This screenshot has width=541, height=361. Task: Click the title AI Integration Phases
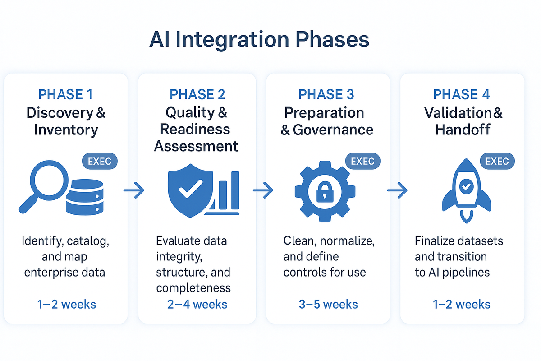point(259,40)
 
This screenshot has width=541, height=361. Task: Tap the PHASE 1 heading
point(66,94)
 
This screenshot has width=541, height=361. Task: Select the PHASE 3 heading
point(326,94)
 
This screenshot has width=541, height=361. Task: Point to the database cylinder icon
point(84,194)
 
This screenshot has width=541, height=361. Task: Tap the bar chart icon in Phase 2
point(225,192)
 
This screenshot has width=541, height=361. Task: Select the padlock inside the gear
point(323,192)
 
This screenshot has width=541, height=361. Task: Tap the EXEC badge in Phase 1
point(100,161)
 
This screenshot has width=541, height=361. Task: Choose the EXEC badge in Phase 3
point(362,161)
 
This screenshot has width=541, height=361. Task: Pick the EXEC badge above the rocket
point(497,161)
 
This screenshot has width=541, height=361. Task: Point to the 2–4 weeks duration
point(197,304)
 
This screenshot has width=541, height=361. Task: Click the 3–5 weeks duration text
point(328,304)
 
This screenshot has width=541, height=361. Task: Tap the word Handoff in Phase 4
point(463,130)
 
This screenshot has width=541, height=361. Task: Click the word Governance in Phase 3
point(333,130)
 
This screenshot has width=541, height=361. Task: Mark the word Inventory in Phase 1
point(66,130)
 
